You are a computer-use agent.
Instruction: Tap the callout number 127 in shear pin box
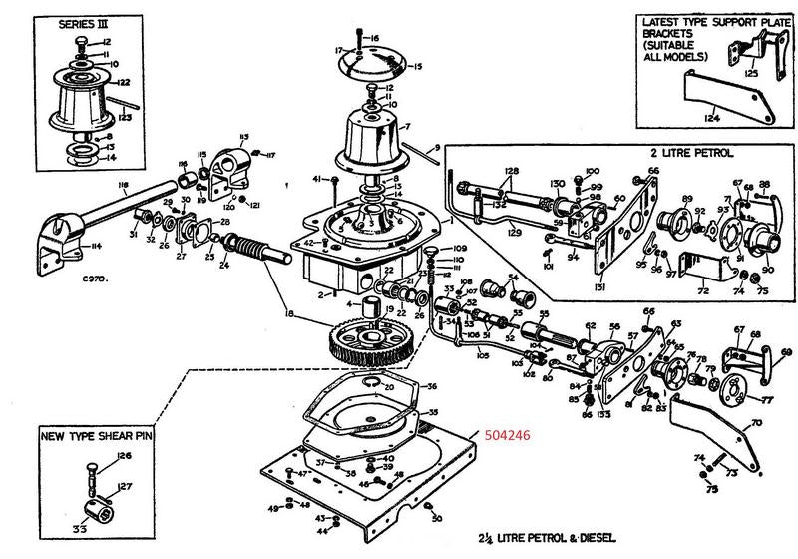coord(124,487)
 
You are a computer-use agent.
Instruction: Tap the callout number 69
coord(786,352)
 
